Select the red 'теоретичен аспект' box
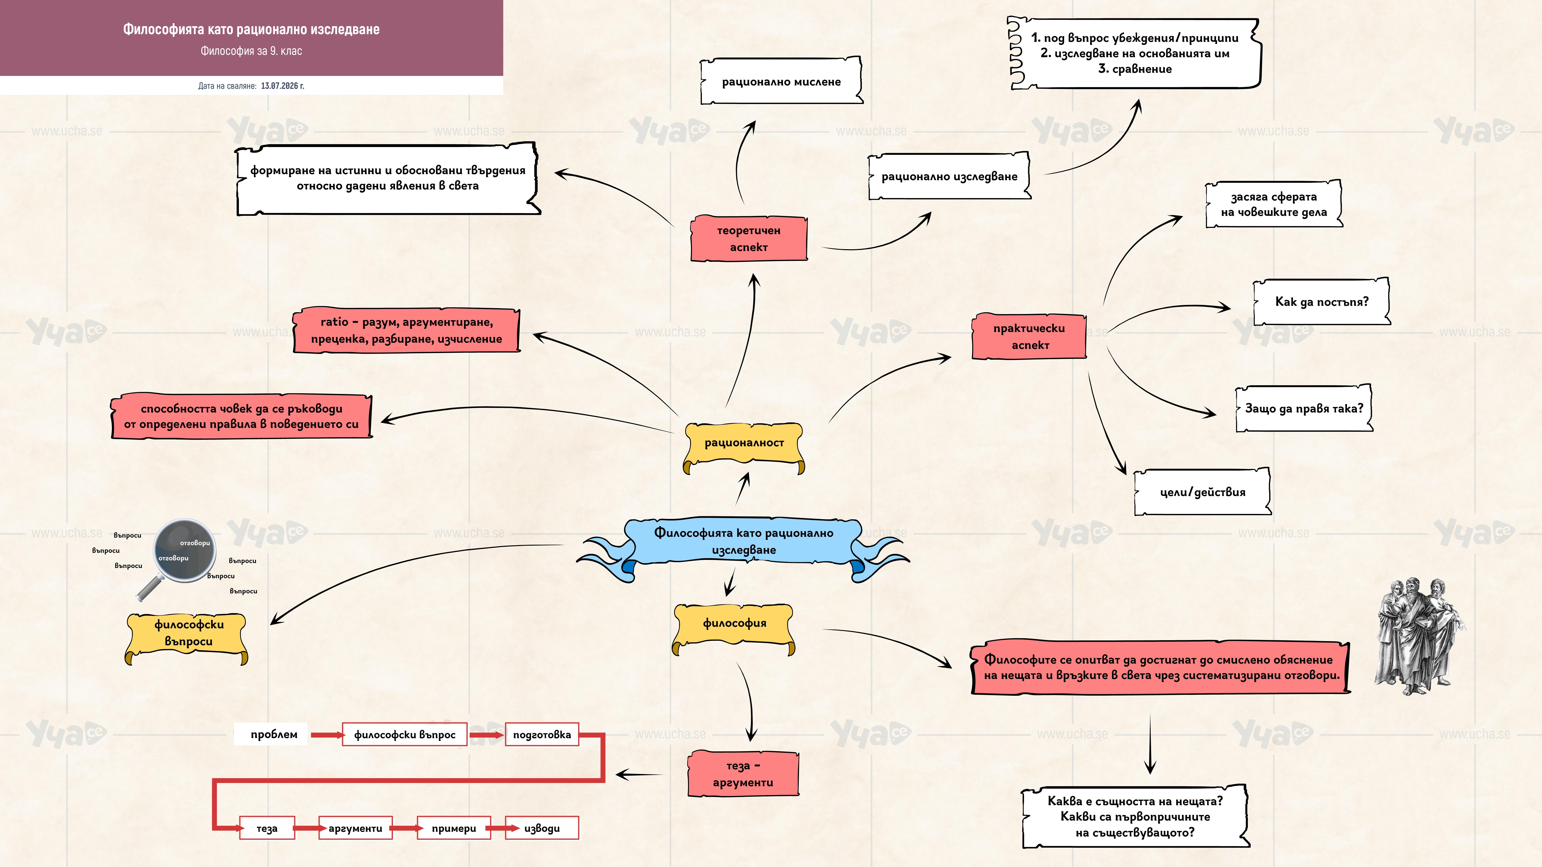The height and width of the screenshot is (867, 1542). [x=749, y=239]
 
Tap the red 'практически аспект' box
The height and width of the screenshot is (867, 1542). [x=1029, y=336]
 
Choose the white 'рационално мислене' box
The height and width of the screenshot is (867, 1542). [x=781, y=81]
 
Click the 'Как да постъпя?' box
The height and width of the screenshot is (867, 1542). [x=1322, y=302]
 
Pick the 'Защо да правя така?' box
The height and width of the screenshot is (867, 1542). [x=1304, y=409]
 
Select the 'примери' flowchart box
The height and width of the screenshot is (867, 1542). [x=454, y=828]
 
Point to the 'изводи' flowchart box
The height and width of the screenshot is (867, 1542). [x=542, y=828]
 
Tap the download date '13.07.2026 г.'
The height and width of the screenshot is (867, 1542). [x=283, y=86]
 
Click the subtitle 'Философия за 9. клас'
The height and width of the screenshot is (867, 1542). [x=251, y=51]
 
